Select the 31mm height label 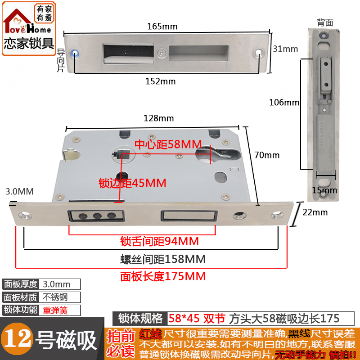click(285, 49)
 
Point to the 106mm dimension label click(284, 102)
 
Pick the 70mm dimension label click(267, 155)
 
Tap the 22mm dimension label click(315, 212)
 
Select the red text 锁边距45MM click(132, 183)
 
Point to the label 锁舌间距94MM click(159, 241)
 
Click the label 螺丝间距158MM click(163, 259)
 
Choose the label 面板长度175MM click(163, 276)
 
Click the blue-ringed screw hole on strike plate click(79, 53)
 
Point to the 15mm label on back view click(324, 190)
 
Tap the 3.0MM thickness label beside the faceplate click(19, 192)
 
